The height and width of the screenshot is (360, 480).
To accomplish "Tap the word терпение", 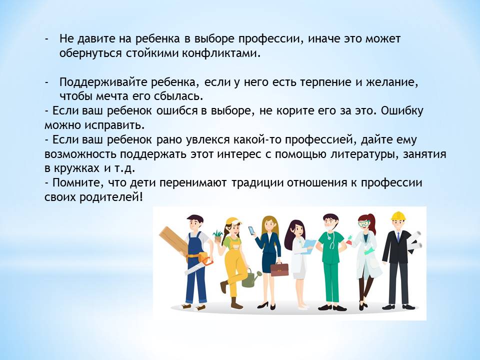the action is pyautogui.click(x=325, y=82).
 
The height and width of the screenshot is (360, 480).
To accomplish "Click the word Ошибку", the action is pyautogui.click(x=402, y=110).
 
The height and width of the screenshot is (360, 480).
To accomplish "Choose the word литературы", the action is pyautogui.click(x=364, y=154).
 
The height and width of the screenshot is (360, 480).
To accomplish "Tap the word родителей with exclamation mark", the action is pyautogui.click(x=111, y=197).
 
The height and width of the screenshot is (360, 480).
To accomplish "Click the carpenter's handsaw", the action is pyautogui.click(x=198, y=265).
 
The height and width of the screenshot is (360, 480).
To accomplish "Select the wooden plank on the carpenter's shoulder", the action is pyautogui.click(x=173, y=241).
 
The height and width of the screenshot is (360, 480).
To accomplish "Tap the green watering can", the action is pyautogui.click(x=250, y=277).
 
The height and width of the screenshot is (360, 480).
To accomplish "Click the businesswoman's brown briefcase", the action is pyautogui.click(x=279, y=268).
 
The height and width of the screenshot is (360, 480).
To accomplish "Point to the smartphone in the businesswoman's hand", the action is pyautogui.click(x=251, y=230).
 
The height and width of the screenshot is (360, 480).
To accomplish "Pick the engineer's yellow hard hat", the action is pyautogui.click(x=398, y=216).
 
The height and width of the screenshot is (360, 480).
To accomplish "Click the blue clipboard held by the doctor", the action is pyautogui.click(x=308, y=246).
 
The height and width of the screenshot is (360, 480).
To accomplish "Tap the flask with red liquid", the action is pyautogui.click(x=349, y=240).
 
